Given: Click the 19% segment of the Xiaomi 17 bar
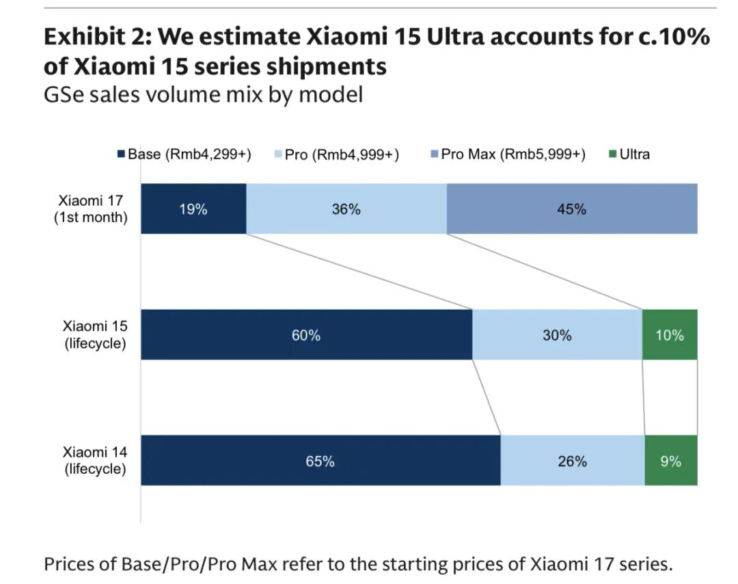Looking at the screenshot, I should click(193, 209).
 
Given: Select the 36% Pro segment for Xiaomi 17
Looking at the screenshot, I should click(346, 209).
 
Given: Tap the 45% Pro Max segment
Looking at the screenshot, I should click(571, 209).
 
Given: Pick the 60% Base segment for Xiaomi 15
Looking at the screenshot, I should click(306, 335).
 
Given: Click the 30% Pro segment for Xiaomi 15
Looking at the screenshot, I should click(557, 335).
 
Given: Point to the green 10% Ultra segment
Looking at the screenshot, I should click(670, 335).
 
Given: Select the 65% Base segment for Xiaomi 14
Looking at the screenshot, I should click(320, 461).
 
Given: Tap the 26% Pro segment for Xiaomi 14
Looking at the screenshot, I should click(572, 461).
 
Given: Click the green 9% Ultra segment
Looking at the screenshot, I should click(670, 461).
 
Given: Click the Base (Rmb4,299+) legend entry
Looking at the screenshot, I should click(184, 155).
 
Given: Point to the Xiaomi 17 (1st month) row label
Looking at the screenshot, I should click(91, 209).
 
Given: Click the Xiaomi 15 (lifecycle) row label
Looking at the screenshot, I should click(95, 334).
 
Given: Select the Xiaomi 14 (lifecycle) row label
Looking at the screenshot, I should click(95, 460).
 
